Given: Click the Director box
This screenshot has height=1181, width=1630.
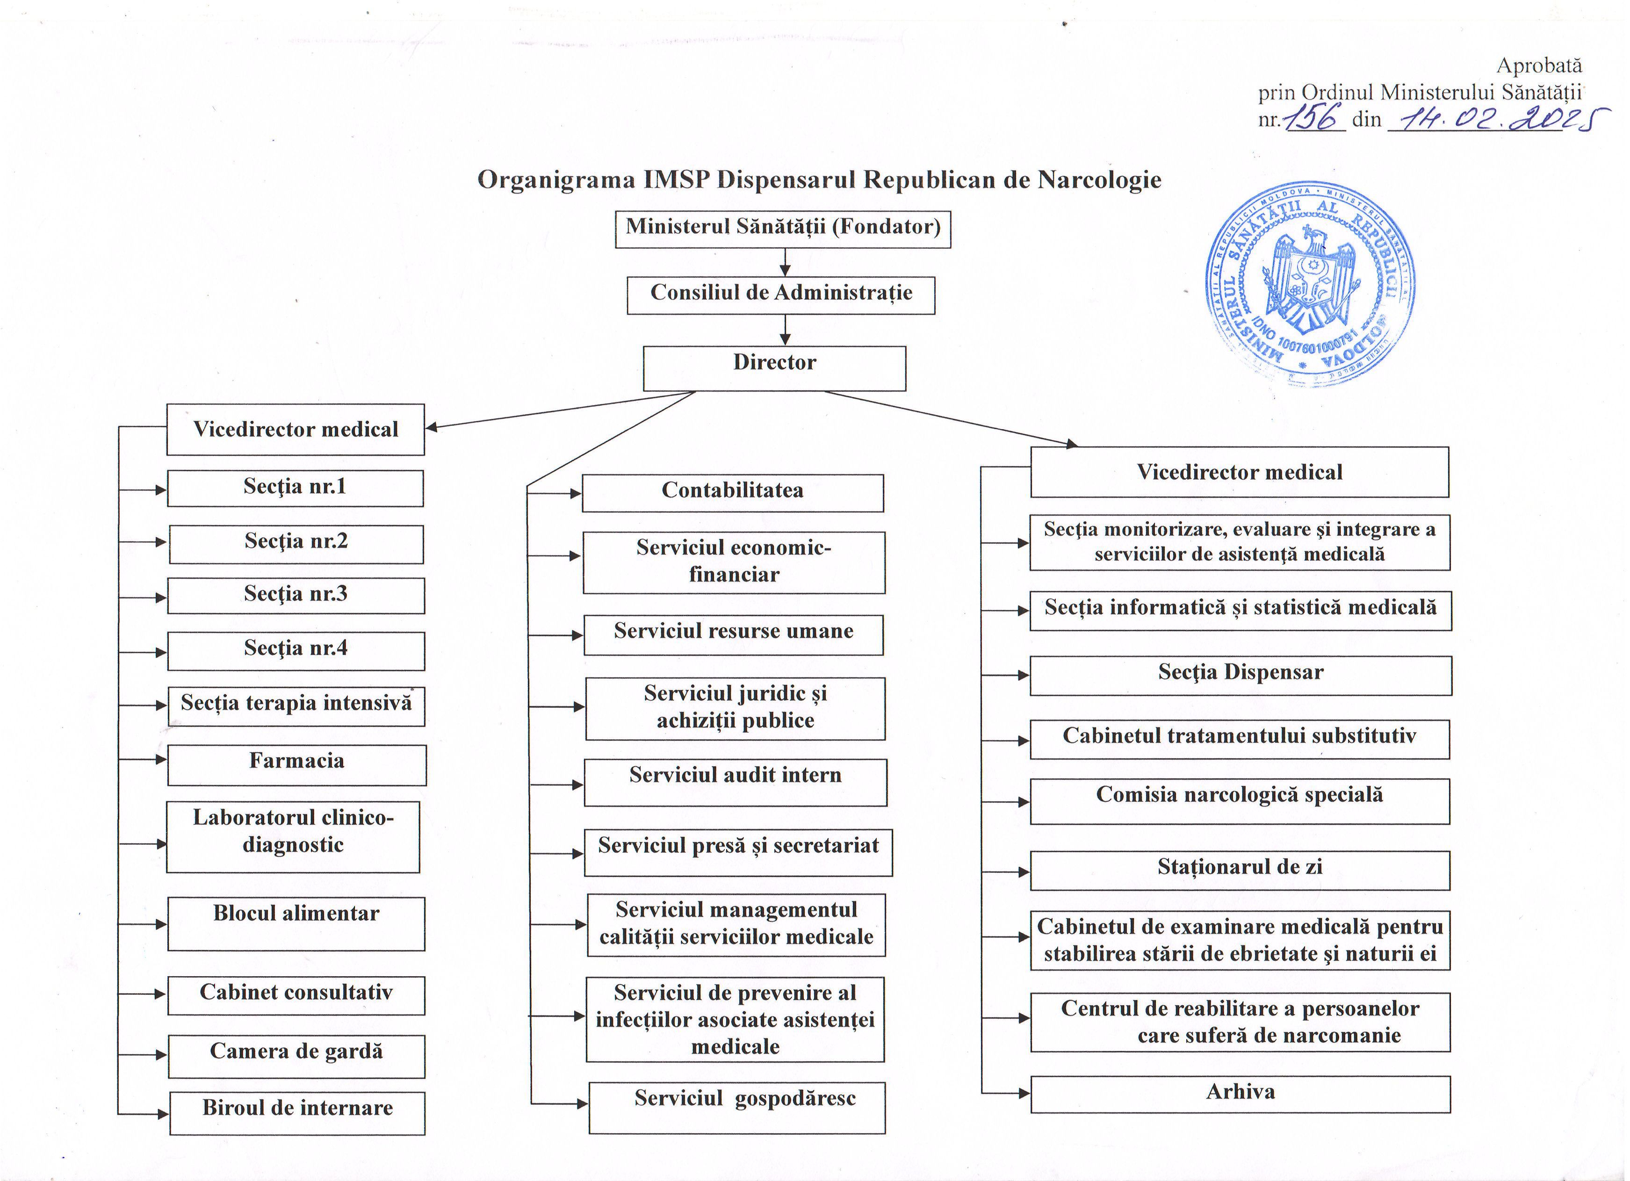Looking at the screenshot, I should [x=774, y=368].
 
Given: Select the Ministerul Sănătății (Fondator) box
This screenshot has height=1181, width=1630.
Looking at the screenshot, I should [x=783, y=229].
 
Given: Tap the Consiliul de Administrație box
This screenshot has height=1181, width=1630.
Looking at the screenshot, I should [x=780, y=295].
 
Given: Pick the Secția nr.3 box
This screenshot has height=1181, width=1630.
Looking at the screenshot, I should [x=296, y=595].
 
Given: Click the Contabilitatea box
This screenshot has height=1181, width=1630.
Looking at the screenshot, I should [x=732, y=492].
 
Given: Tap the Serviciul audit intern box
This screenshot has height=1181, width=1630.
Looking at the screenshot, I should [x=735, y=781].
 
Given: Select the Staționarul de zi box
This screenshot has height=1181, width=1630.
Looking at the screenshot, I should [x=1240, y=870].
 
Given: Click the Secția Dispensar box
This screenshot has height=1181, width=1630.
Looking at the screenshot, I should [x=1241, y=675].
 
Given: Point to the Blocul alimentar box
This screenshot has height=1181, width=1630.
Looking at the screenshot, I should [x=296, y=923].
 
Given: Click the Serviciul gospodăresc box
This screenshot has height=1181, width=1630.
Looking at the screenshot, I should [x=736, y=1107].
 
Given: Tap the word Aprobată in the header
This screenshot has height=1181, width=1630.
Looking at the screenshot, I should [x=1539, y=65].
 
